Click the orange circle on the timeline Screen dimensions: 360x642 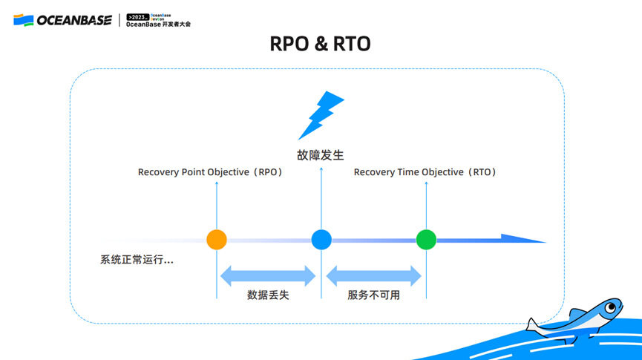[x=217, y=239]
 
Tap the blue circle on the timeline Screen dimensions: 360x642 [x=321, y=239]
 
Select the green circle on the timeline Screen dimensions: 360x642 [x=426, y=239]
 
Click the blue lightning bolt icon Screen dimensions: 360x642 [x=320, y=116]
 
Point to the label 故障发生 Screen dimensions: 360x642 [x=321, y=155]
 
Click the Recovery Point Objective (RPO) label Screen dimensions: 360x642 [x=211, y=172]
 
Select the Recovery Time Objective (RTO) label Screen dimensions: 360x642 [x=425, y=172]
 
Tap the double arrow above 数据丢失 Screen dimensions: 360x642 [x=268, y=275]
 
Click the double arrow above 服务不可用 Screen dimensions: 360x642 [x=374, y=275]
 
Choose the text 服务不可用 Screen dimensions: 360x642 [x=373, y=295]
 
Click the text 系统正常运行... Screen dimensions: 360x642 [x=137, y=260]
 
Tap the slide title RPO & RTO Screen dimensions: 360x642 [x=321, y=45]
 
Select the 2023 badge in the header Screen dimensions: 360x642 [x=138, y=16]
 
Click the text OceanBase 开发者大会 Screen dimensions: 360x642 [x=158, y=24]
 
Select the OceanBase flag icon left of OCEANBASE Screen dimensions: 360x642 [x=23, y=19]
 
